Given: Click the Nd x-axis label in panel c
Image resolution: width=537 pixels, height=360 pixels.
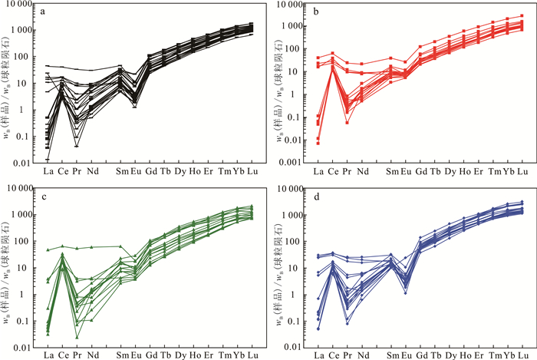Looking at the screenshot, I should click(x=93, y=356).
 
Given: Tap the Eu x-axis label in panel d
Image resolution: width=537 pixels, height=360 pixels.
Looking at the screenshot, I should click(x=406, y=356).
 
